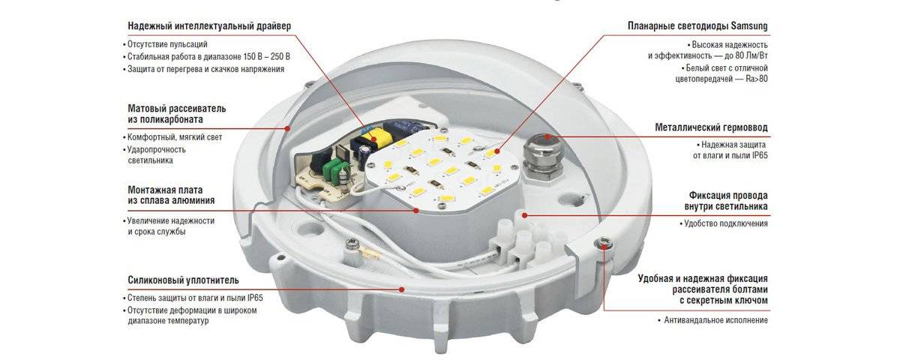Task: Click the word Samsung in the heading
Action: (749, 26)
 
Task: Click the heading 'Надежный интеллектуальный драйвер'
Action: (209, 26)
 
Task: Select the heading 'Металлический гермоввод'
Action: (711, 127)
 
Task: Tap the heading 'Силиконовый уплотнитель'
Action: (183, 280)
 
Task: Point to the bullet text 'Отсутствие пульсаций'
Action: (165, 44)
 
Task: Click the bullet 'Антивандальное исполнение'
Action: (712, 320)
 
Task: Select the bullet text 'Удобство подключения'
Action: (724, 223)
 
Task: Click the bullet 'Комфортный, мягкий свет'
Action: (172, 137)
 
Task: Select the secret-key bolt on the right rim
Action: (603, 242)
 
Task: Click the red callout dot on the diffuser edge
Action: (288, 128)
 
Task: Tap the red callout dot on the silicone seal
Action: (401, 289)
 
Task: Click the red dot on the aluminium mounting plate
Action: (416, 210)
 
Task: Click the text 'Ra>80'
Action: (757, 79)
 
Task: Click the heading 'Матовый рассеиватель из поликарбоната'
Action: (177, 114)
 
